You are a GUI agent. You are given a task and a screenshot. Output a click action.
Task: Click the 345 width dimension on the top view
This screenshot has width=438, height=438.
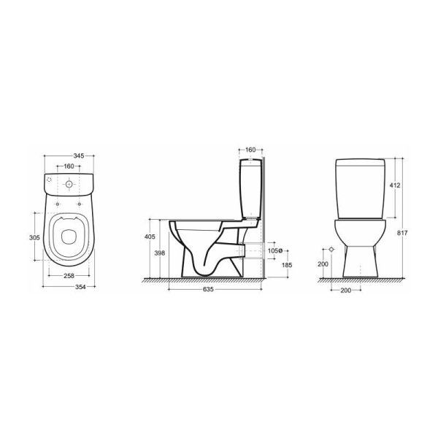tap(79, 155)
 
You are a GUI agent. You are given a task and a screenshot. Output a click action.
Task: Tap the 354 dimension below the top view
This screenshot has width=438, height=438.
tap(80, 287)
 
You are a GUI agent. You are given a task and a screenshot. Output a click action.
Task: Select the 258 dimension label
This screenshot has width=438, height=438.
tap(69, 276)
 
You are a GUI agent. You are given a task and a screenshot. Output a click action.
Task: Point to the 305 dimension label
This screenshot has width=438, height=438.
tap(34, 237)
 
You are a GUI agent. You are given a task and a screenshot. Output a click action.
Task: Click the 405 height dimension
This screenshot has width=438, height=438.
tap(150, 237)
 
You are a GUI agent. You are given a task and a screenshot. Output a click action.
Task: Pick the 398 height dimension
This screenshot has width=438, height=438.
tap(159, 253)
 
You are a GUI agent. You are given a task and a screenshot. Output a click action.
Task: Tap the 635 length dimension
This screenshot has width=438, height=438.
tap(208, 289)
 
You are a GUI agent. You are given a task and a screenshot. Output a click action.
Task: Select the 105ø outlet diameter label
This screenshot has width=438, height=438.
tap(274, 250)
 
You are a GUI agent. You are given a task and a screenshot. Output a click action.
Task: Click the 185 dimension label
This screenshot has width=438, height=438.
tap(287, 264)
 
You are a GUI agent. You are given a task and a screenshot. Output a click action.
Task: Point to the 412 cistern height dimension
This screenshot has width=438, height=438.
tap(395, 185)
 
